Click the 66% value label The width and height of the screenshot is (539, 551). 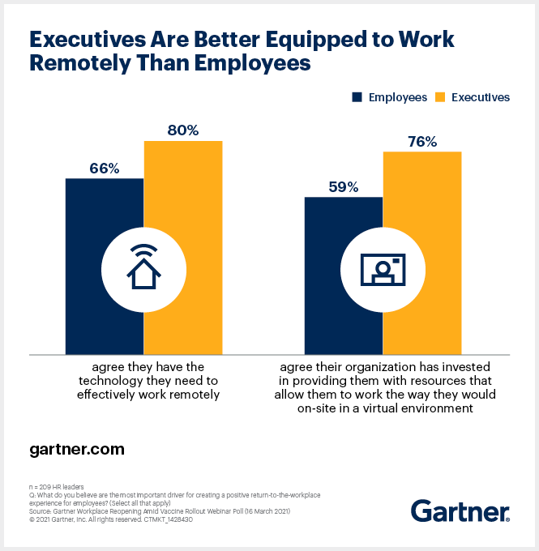coord(104,169)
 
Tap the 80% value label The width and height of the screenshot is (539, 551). coord(182,130)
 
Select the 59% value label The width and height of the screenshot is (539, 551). coord(343,187)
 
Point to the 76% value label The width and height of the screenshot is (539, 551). coord(421,142)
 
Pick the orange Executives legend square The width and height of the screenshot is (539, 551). coord(439,97)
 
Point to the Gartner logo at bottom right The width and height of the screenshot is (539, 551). coord(460,510)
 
